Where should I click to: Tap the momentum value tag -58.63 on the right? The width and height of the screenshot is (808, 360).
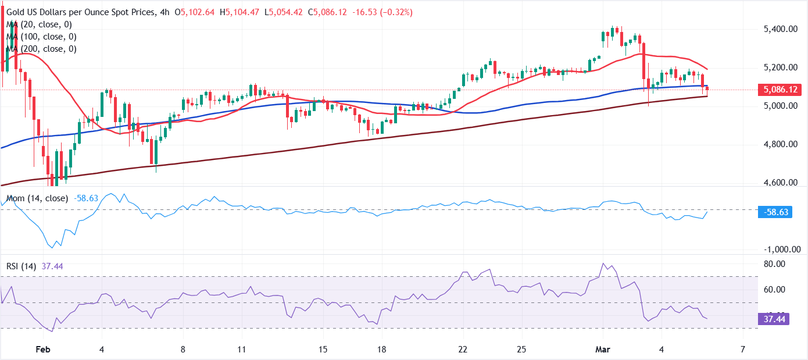[776, 212]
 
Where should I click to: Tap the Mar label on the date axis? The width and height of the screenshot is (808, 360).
[602, 350]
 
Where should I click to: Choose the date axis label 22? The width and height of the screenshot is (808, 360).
[463, 350]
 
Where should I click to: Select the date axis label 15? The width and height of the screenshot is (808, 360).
[323, 350]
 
